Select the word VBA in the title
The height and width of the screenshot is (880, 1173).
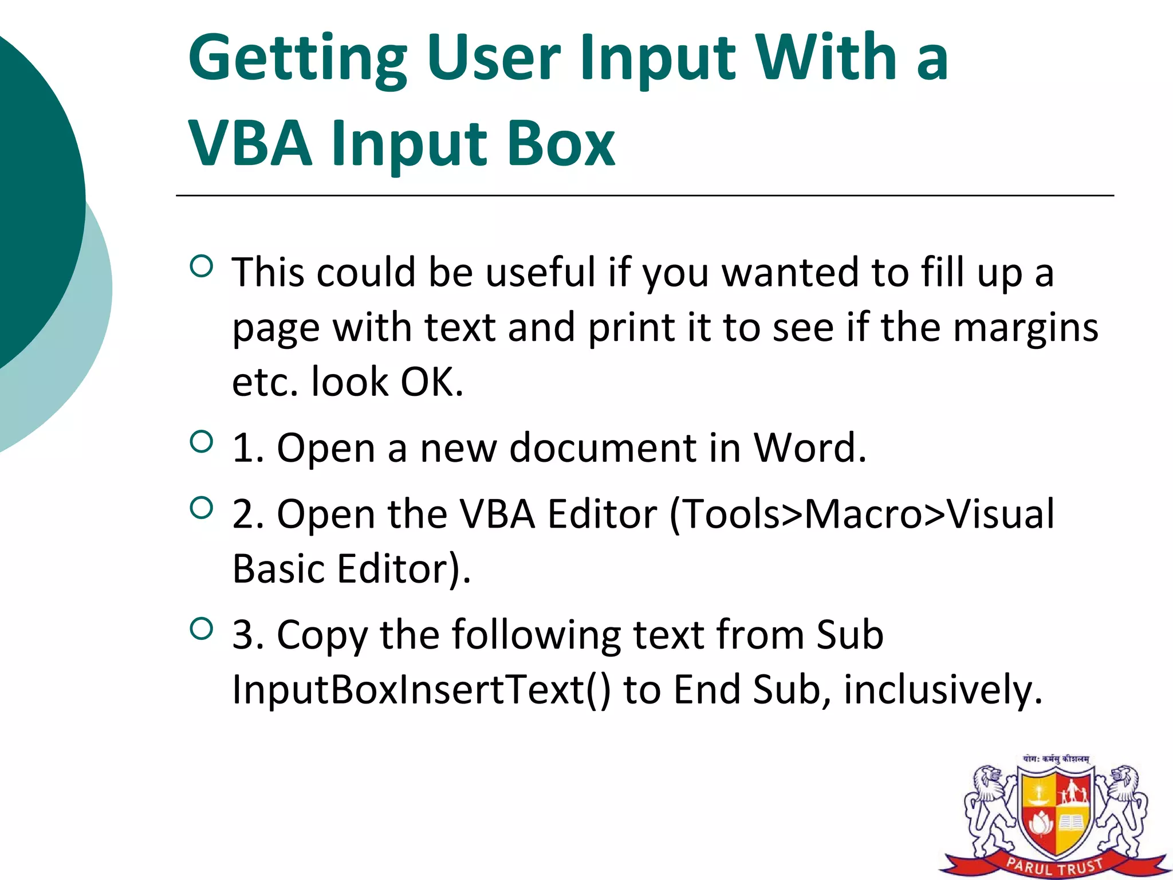click(x=251, y=143)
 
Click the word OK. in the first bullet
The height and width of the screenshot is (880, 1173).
click(x=431, y=382)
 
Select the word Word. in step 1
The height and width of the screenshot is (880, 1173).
click(x=809, y=447)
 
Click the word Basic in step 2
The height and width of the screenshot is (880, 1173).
click(x=278, y=569)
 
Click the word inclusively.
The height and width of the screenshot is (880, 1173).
click(x=943, y=689)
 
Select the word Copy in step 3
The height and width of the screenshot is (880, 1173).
click(x=322, y=636)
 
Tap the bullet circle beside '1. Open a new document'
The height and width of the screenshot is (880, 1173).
click(x=201, y=442)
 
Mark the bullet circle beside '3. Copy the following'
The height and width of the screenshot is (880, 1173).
click(x=201, y=629)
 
